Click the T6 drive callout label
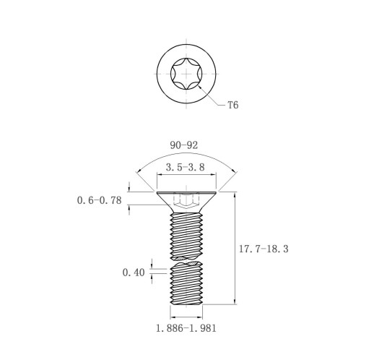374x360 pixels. pos(233,105)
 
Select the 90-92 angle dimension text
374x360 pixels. pos(184,145)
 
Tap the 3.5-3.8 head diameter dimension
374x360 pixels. pos(186,167)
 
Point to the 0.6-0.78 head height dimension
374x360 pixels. pos(100,200)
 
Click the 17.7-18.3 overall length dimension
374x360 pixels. pos(264,249)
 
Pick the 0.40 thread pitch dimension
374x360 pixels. pos(134,273)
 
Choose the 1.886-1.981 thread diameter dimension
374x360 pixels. pos(186,328)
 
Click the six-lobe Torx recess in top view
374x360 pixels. pos(186,74)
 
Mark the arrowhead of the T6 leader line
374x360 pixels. pos(199,87)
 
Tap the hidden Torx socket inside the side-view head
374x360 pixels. pos(186,200)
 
